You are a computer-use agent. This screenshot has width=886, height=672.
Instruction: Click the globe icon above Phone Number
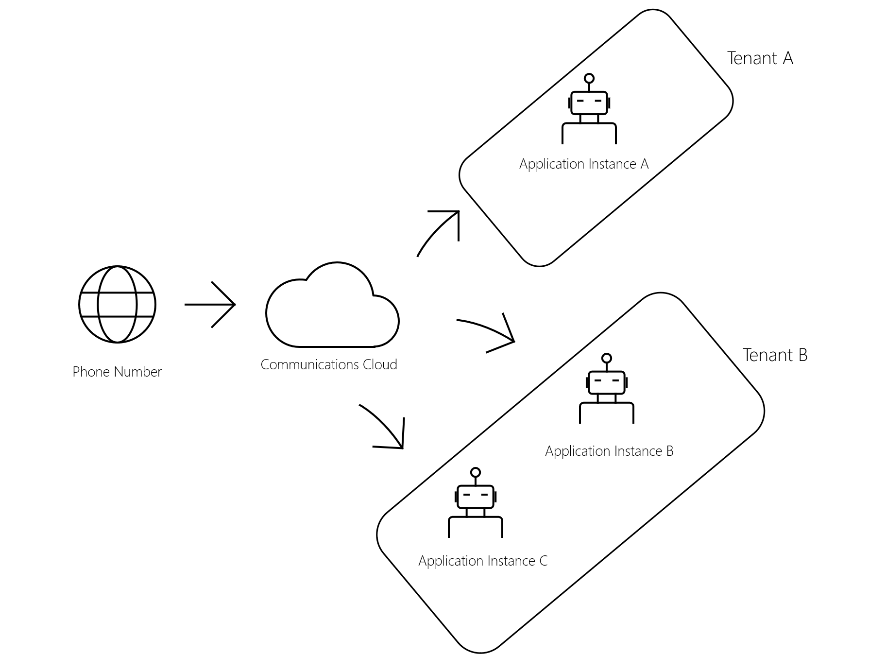pyautogui.click(x=117, y=304)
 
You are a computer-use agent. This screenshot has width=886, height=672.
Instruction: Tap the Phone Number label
pyautogui.click(x=117, y=372)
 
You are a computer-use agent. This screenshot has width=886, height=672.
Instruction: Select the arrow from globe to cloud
pyautogui.click(x=210, y=305)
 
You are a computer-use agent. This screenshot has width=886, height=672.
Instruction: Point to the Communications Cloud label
pyautogui.click(x=329, y=364)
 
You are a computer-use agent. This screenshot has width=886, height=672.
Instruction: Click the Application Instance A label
pyautogui.click(x=584, y=164)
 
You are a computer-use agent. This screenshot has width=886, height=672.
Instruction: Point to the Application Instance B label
pyautogui.click(x=609, y=451)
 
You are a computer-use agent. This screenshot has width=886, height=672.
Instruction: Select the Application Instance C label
pyautogui.click(x=483, y=561)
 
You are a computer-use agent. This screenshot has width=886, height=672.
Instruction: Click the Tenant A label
pyautogui.click(x=760, y=58)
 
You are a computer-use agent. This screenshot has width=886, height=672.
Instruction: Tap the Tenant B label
pyautogui.click(x=775, y=355)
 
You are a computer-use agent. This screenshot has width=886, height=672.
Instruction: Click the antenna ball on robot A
pyautogui.click(x=589, y=78)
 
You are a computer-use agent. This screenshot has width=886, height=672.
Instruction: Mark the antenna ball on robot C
pyautogui.click(x=476, y=472)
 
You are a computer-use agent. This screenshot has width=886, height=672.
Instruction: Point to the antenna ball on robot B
pyautogui.click(x=607, y=359)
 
